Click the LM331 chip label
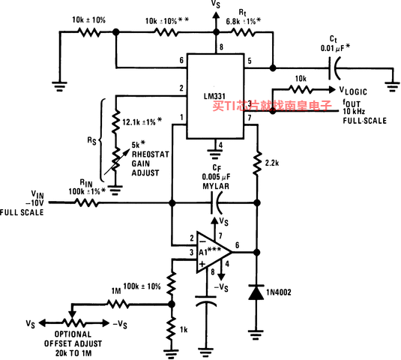(214, 96)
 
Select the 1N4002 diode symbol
(256, 292)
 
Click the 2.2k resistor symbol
(257, 163)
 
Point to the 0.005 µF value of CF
(216, 177)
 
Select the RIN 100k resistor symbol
(86, 202)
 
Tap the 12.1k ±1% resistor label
(142, 121)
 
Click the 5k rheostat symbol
(115, 159)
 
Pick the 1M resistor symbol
(118, 304)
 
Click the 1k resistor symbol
(172, 328)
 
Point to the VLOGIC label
(353, 91)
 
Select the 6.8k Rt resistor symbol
(243, 32)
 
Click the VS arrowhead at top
(216, 15)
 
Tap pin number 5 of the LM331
(250, 61)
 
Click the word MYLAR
(216, 186)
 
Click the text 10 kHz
(354, 111)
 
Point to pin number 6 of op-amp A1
(237, 245)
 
